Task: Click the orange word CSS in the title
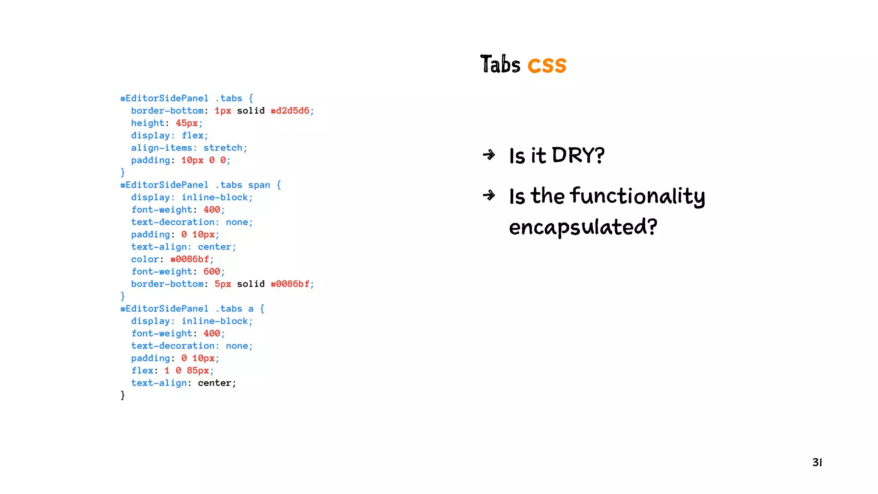pyautogui.click(x=547, y=66)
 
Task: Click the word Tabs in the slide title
pyautogui.click(x=500, y=65)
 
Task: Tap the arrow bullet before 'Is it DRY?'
pyautogui.click(x=489, y=155)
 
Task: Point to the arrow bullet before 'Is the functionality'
pyautogui.click(x=489, y=196)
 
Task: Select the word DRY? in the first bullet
pyautogui.click(x=578, y=155)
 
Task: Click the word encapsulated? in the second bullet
pyautogui.click(x=583, y=227)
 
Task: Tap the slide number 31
pyautogui.click(x=817, y=462)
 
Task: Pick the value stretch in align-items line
pyautogui.click(x=223, y=148)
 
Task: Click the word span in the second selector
pyautogui.click(x=259, y=185)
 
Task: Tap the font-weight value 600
pyautogui.click(x=212, y=271)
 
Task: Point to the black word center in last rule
pyautogui.click(x=214, y=383)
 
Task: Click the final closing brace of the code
pyautogui.click(x=123, y=395)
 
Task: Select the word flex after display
pyautogui.click(x=192, y=136)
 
